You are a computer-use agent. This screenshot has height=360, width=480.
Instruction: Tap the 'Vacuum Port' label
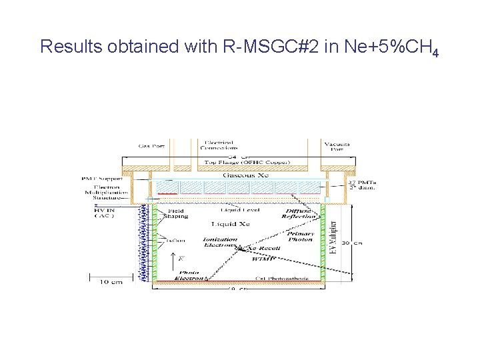[x=337, y=147]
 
